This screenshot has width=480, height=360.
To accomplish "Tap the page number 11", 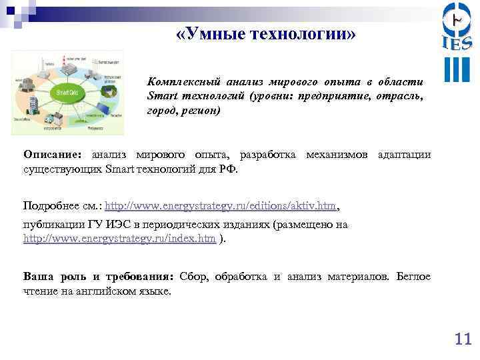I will point(462,339).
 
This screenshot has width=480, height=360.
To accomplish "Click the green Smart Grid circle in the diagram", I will point(65,93).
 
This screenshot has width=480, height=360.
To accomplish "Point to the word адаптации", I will point(404,155).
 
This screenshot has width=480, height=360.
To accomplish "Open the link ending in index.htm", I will point(119,238).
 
